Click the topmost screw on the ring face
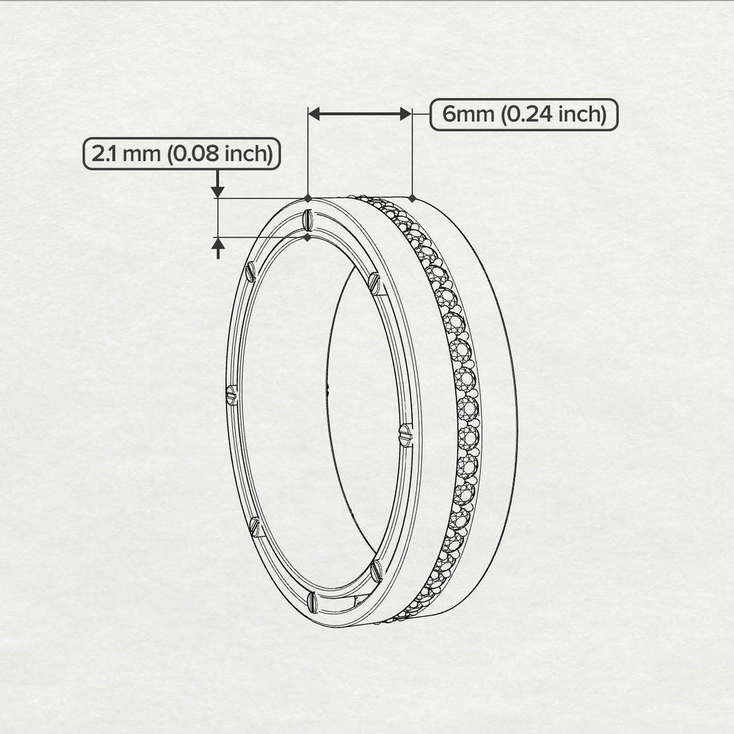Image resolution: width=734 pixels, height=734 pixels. (307, 219)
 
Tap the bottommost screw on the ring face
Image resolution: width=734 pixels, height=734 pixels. (311, 599)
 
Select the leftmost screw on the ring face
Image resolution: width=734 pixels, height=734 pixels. (232, 395)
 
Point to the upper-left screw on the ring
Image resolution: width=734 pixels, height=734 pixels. (251, 271)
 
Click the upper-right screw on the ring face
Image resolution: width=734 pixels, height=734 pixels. (374, 283)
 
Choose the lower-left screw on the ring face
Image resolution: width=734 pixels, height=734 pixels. (255, 526)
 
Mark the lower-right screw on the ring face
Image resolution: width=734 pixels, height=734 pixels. (376, 572)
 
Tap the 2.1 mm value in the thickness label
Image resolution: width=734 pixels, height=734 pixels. (127, 154)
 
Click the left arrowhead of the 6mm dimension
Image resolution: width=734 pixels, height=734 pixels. (315, 114)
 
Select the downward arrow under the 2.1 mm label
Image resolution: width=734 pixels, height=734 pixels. (217, 190)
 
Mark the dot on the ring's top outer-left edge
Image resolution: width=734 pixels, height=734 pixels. (308, 199)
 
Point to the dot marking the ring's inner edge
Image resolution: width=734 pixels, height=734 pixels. (308, 237)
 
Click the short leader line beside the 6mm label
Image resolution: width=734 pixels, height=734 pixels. (421, 114)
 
